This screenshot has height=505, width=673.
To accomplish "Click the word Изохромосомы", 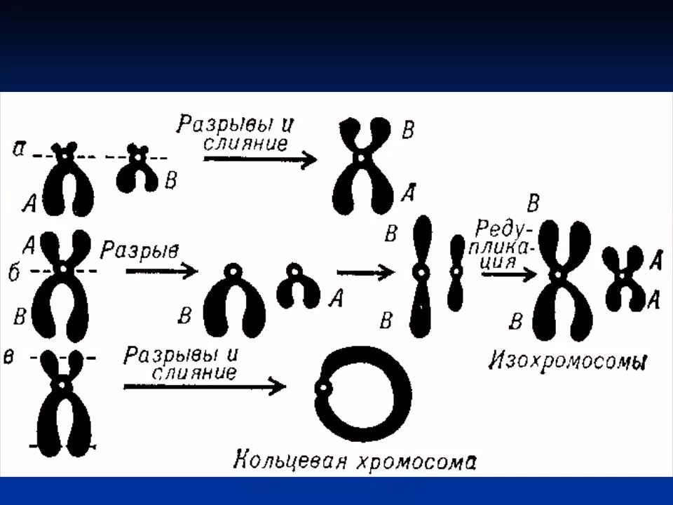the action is point(567,362).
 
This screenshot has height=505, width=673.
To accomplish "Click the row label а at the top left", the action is point(21,149).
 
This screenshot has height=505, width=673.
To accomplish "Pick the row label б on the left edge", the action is point(14,271).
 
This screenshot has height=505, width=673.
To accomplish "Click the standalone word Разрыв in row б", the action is point(140,250).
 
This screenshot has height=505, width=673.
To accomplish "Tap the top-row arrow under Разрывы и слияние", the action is point(260,159).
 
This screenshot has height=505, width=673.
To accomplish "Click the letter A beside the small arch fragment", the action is point(336,299).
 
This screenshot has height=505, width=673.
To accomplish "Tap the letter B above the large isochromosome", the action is point(533,205).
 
